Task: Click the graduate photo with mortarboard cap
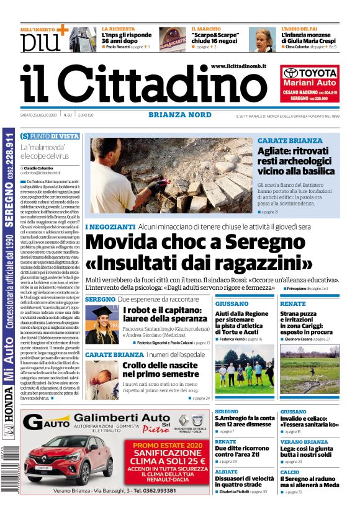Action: [x=102, y=324]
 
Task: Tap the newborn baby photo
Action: [x=102, y=380]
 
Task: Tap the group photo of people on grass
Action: [x=245, y=373]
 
